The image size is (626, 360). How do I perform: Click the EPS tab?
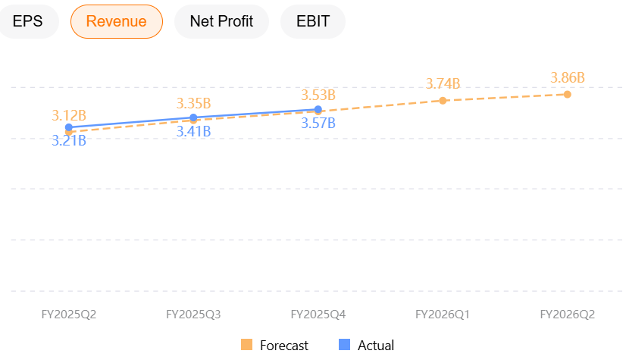pyautogui.click(x=28, y=21)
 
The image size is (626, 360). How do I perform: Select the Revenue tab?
pyautogui.click(x=116, y=21)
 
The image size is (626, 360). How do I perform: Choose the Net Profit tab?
pyautogui.click(x=221, y=21)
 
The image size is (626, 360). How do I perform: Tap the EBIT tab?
pyautogui.click(x=313, y=21)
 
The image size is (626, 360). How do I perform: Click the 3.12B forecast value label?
pyautogui.click(x=69, y=115)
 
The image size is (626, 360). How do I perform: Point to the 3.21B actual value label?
pyautogui.click(x=69, y=140)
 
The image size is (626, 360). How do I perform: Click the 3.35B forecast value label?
pyautogui.click(x=193, y=103)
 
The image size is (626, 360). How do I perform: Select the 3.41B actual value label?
pyautogui.click(x=193, y=131)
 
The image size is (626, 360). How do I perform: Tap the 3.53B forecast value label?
pyautogui.click(x=318, y=95)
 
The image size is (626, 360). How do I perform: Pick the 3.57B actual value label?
pyautogui.click(x=318, y=123)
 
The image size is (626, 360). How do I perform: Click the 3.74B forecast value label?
pyautogui.click(x=443, y=83)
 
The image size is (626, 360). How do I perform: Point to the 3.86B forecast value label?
pyautogui.click(x=568, y=77)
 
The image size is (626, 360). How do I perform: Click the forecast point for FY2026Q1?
pyautogui.click(x=443, y=100)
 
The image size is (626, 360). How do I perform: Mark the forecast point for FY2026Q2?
pyautogui.click(x=568, y=94)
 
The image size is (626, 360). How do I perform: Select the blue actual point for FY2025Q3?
pyautogui.click(x=193, y=117)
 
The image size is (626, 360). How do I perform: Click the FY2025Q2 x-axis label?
pyautogui.click(x=69, y=314)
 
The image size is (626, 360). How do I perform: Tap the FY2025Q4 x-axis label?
pyautogui.click(x=318, y=314)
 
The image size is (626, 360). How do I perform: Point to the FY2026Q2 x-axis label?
pyautogui.click(x=568, y=314)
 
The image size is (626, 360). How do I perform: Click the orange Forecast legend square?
pyautogui.click(x=246, y=345)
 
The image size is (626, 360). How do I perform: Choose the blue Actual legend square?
pyautogui.click(x=345, y=345)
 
